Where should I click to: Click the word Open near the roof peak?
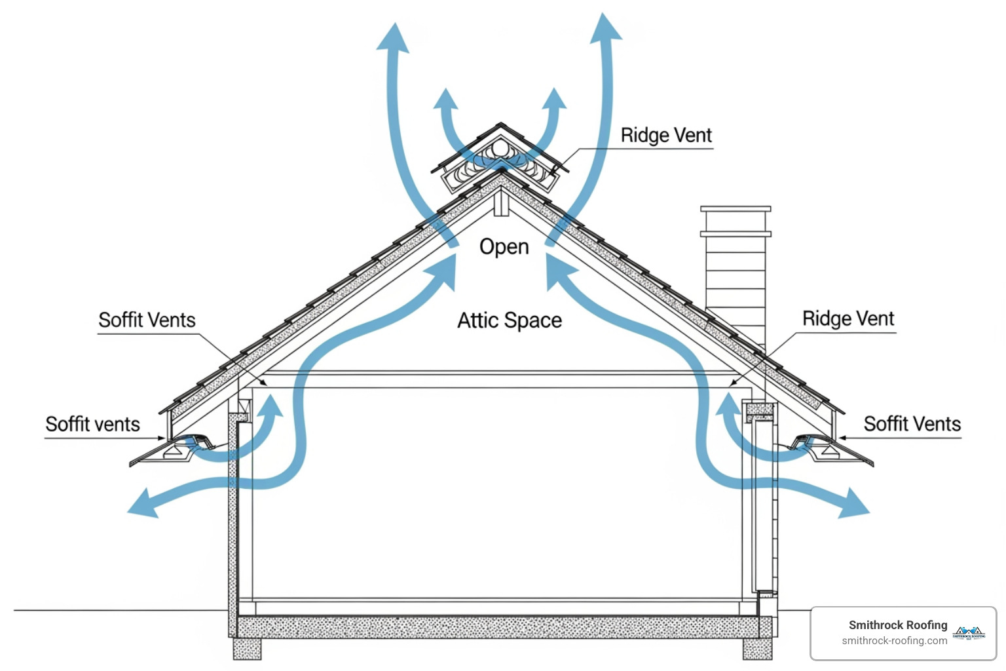click(x=504, y=247)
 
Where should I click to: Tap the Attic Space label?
click(x=509, y=320)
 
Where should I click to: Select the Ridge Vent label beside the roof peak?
click(x=665, y=136)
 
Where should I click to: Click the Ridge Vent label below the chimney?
click(x=848, y=319)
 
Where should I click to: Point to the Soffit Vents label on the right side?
click(x=912, y=424)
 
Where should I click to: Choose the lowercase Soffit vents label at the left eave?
click(x=92, y=425)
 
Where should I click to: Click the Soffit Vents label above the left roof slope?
click(x=147, y=320)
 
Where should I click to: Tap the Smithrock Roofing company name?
click(x=897, y=625)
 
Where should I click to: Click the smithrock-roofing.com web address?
click(x=894, y=641)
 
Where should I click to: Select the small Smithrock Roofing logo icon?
click(x=969, y=632)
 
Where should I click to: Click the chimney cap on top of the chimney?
click(x=736, y=210)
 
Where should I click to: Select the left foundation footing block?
click(x=247, y=649)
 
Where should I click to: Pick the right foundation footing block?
click(x=757, y=649)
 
